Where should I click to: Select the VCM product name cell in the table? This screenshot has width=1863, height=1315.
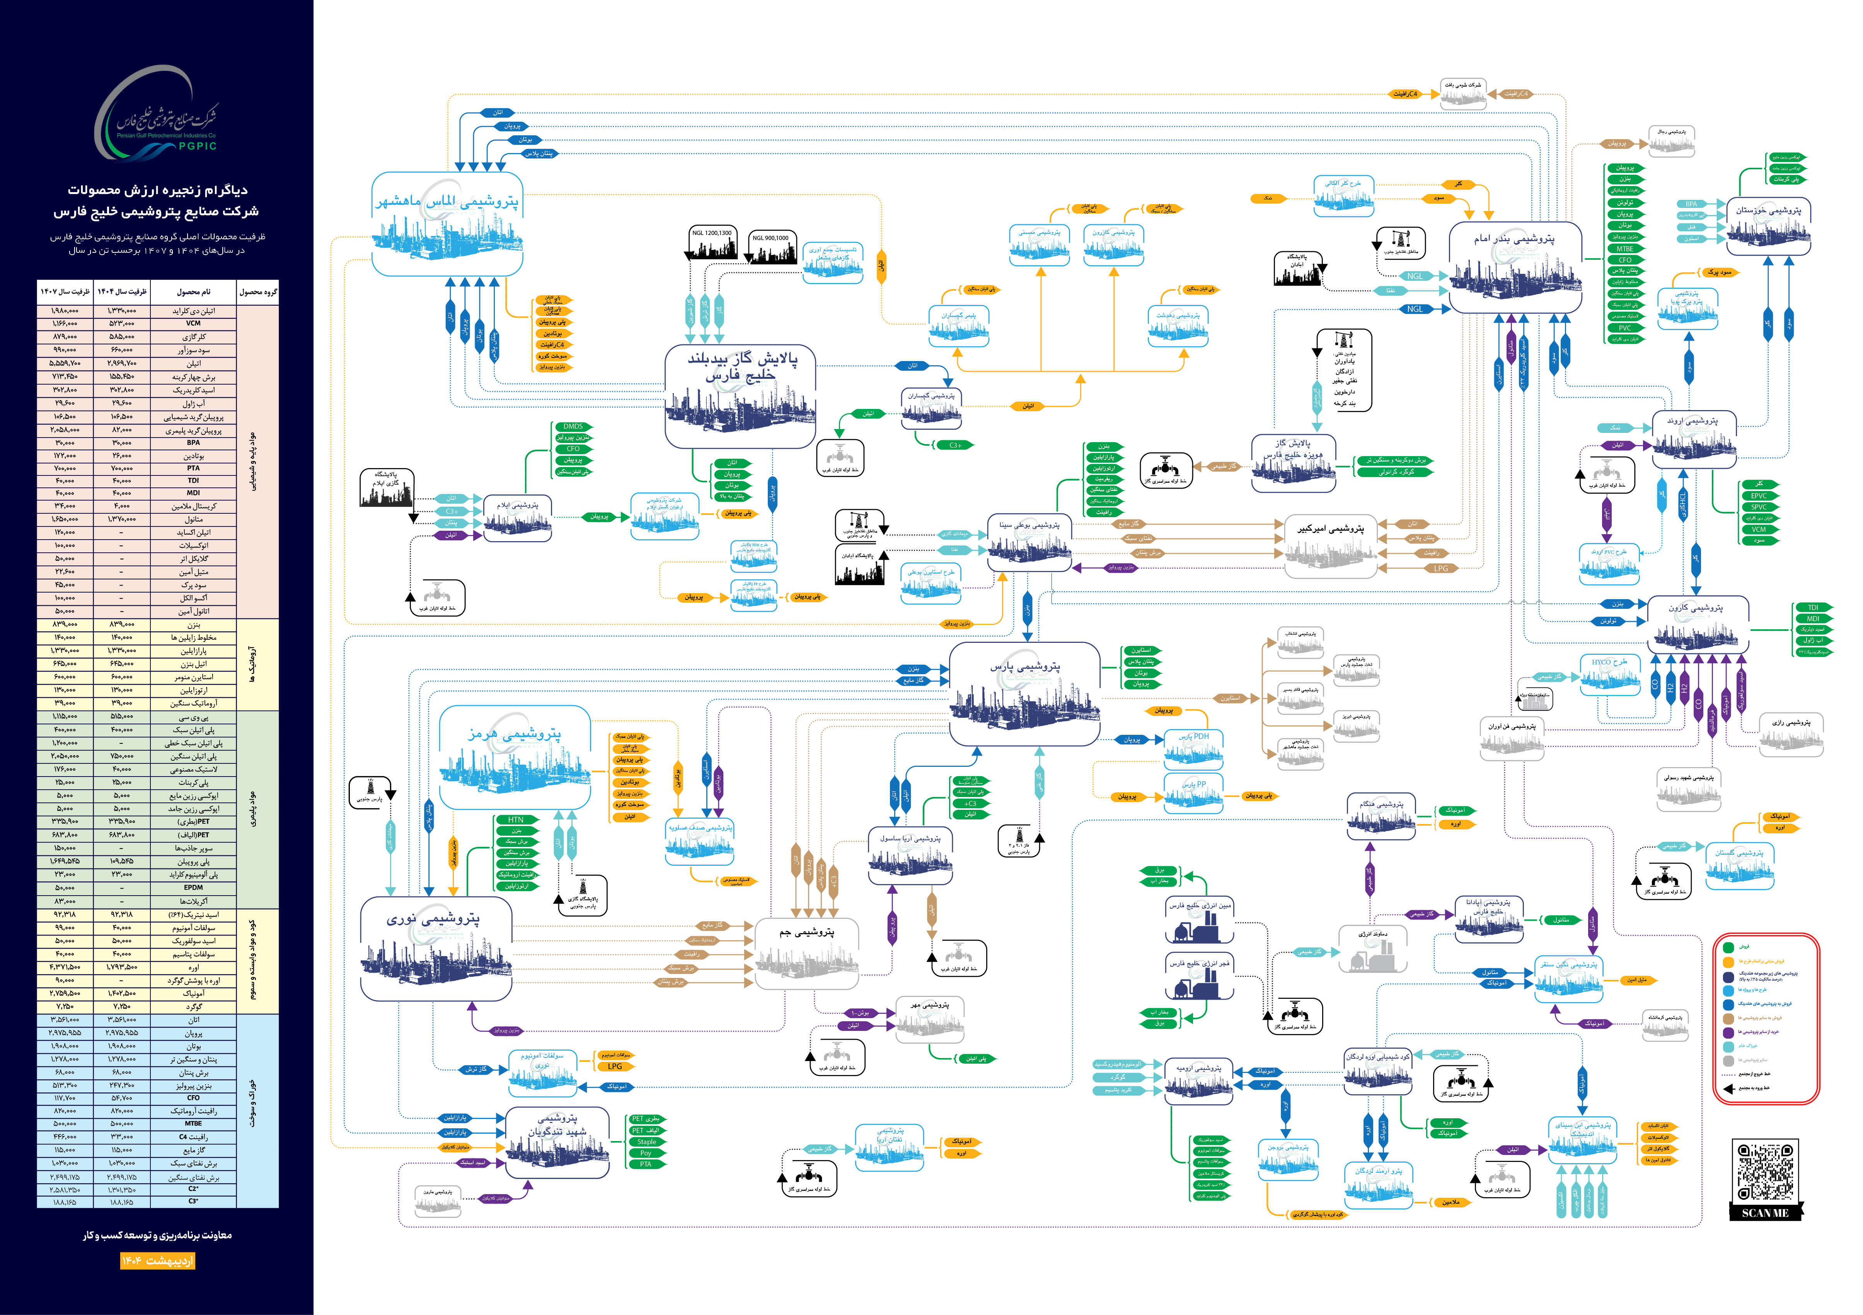(x=193, y=323)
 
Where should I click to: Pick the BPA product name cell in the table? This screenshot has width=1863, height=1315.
(x=193, y=443)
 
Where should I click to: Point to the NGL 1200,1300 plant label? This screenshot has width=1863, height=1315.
(x=712, y=233)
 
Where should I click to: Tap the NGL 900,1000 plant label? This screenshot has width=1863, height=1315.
(x=770, y=238)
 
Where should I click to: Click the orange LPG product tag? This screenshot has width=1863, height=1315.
(x=615, y=1066)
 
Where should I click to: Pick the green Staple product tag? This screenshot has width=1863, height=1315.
(x=647, y=1141)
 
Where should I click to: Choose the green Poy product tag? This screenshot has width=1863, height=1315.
(x=646, y=1153)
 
